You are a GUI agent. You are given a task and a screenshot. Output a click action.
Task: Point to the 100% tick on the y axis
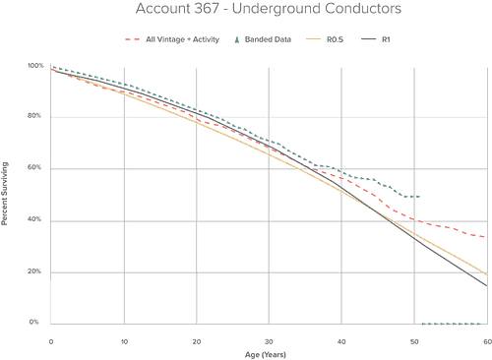click(34, 65)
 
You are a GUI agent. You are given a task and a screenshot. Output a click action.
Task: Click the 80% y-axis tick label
click(35, 116)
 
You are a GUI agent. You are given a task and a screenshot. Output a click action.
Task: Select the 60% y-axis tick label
click(35, 168)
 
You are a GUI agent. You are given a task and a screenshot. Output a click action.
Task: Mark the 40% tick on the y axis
click(35, 219)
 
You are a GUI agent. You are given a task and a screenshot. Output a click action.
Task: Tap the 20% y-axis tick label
click(35, 271)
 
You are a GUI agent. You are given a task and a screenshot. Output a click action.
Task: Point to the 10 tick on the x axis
click(123, 342)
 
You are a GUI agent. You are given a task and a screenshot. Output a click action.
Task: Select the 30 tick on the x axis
click(269, 342)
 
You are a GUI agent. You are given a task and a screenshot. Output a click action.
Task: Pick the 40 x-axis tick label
click(341, 342)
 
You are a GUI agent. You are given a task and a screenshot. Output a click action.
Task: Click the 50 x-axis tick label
click(414, 342)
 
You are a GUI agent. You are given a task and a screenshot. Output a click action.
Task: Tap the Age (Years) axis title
click(268, 352)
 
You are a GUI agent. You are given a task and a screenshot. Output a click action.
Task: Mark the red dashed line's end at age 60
click(487, 237)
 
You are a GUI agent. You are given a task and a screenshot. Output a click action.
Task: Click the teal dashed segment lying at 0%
click(454, 322)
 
